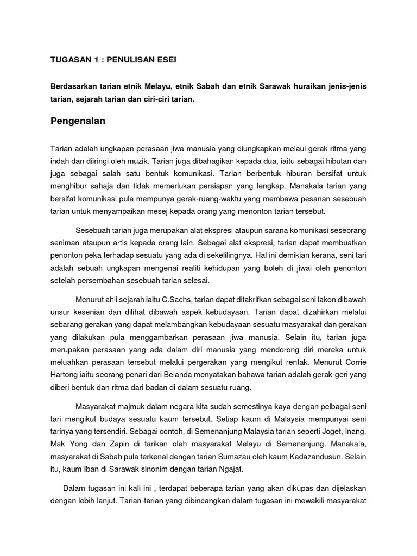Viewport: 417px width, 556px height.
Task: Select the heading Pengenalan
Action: pyautogui.click(x=78, y=122)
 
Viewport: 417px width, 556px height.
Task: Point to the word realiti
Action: pyautogui.click(x=186, y=268)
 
